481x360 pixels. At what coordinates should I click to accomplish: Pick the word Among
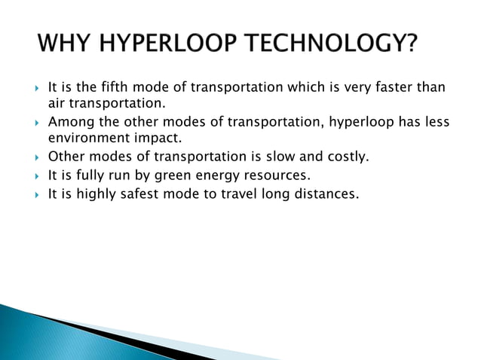pos(68,122)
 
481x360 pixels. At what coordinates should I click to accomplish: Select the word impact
pos(159,138)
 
